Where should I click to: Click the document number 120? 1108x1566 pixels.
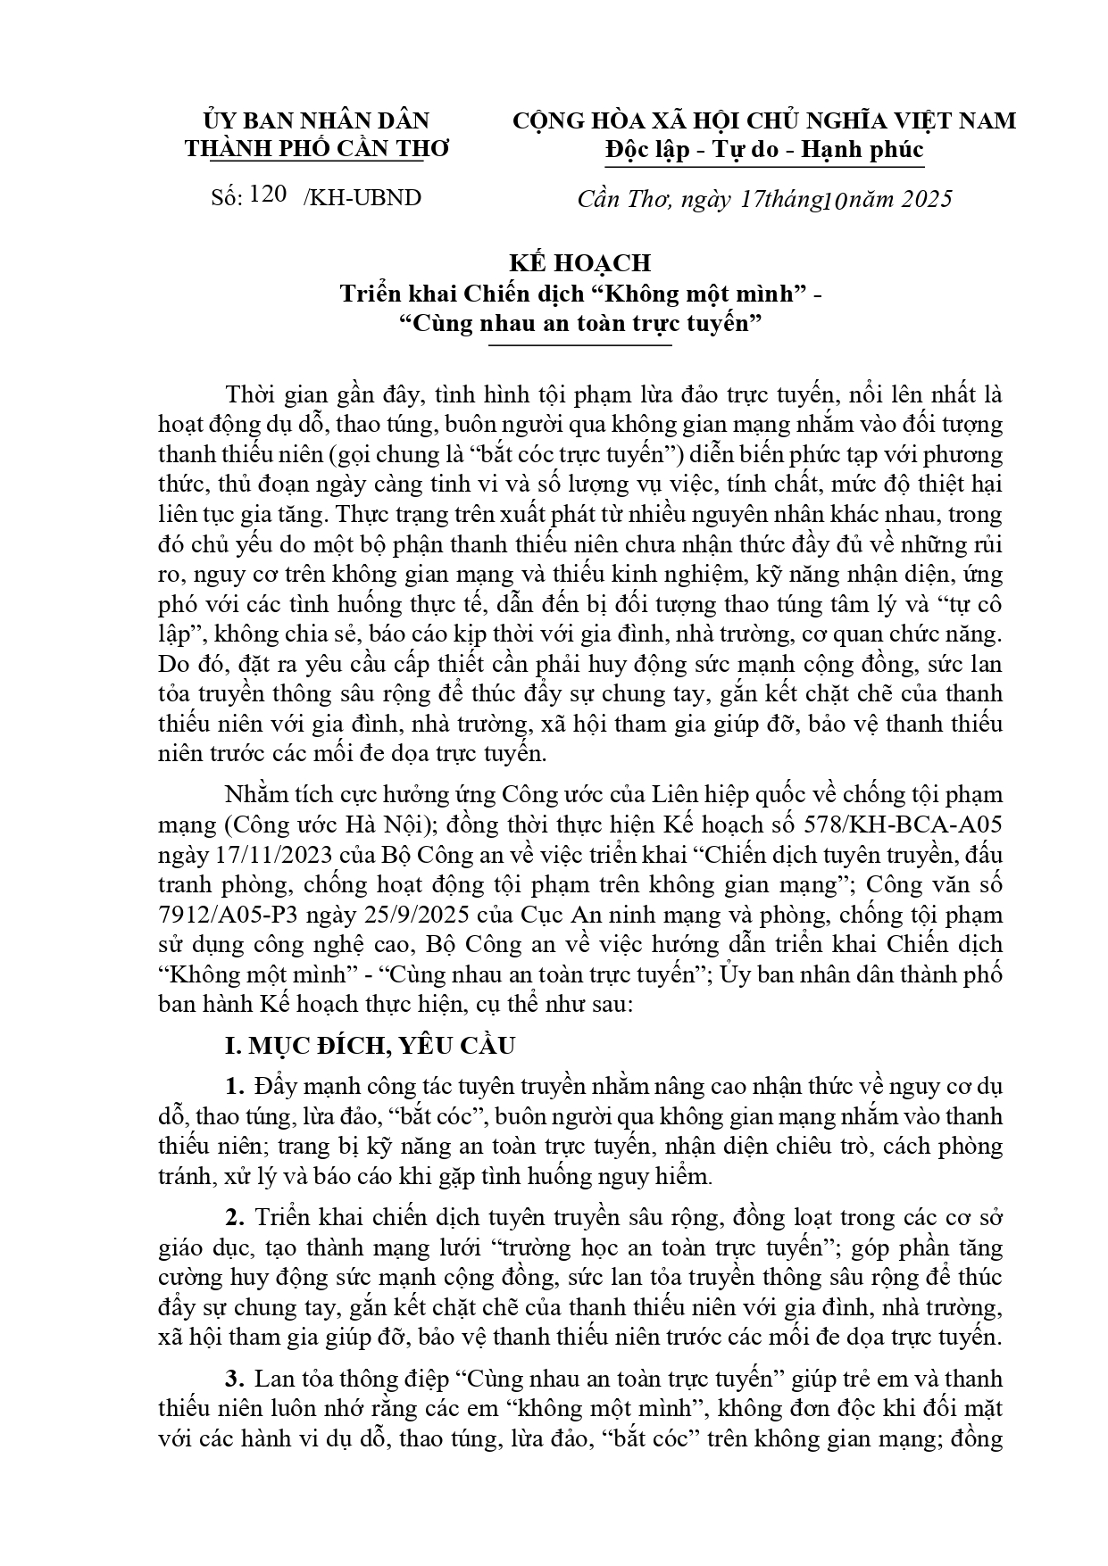(269, 195)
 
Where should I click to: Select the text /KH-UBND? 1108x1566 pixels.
(362, 197)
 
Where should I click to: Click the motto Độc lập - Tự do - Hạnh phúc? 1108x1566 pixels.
(763, 150)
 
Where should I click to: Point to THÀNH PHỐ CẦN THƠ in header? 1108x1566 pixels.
(317, 148)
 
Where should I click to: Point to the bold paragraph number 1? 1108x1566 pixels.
(235, 1087)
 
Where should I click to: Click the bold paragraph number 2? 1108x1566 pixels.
(235, 1217)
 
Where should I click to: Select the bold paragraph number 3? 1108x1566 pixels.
(235, 1378)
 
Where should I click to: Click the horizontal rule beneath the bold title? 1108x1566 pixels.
(579, 344)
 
